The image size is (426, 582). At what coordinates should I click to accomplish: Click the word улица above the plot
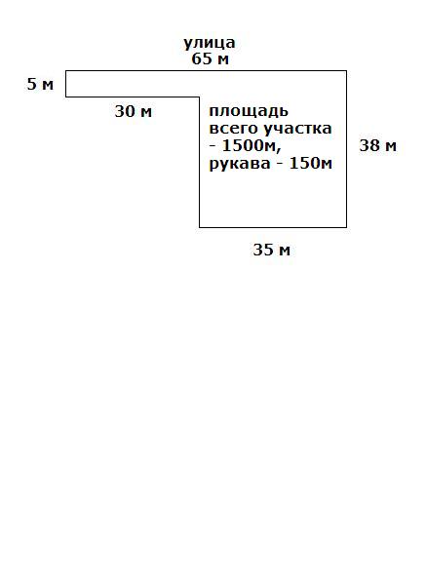(210, 43)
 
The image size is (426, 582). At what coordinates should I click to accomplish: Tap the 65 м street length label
(210, 58)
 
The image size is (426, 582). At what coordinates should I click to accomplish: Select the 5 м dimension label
(40, 84)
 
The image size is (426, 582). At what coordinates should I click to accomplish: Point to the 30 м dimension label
(134, 111)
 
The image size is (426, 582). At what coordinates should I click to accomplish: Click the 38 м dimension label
(378, 145)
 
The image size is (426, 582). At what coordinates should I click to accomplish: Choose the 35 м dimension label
(272, 250)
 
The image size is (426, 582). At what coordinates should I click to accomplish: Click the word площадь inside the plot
(249, 112)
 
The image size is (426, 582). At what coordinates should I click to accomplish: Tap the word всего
(234, 129)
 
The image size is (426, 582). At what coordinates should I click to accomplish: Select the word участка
(297, 129)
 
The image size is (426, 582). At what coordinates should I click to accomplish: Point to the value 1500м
(252, 146)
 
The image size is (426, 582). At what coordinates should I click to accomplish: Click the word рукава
(240, 164)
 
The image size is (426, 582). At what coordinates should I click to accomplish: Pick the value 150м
(311, 164)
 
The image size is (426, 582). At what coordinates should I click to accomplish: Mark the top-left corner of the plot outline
(66, 70)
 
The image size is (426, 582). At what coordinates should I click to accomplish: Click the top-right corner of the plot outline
(347, 70)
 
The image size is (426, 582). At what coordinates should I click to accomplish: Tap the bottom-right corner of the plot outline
(347, 227)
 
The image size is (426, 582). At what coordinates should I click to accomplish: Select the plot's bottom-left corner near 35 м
(200, 227)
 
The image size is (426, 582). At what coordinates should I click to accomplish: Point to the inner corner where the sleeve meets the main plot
(200, 97)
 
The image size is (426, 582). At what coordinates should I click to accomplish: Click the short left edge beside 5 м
(66, 84)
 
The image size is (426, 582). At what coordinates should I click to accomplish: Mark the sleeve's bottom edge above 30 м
(133, 97)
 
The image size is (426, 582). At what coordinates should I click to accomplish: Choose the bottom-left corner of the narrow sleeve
(66, 97)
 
